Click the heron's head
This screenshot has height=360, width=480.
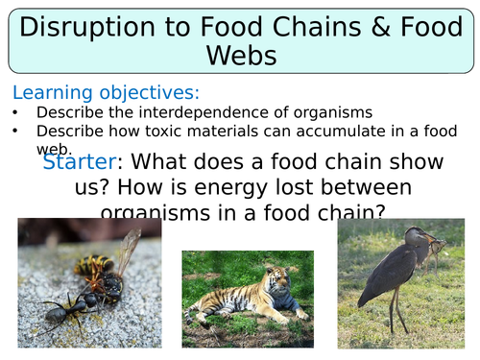(412, 236)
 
